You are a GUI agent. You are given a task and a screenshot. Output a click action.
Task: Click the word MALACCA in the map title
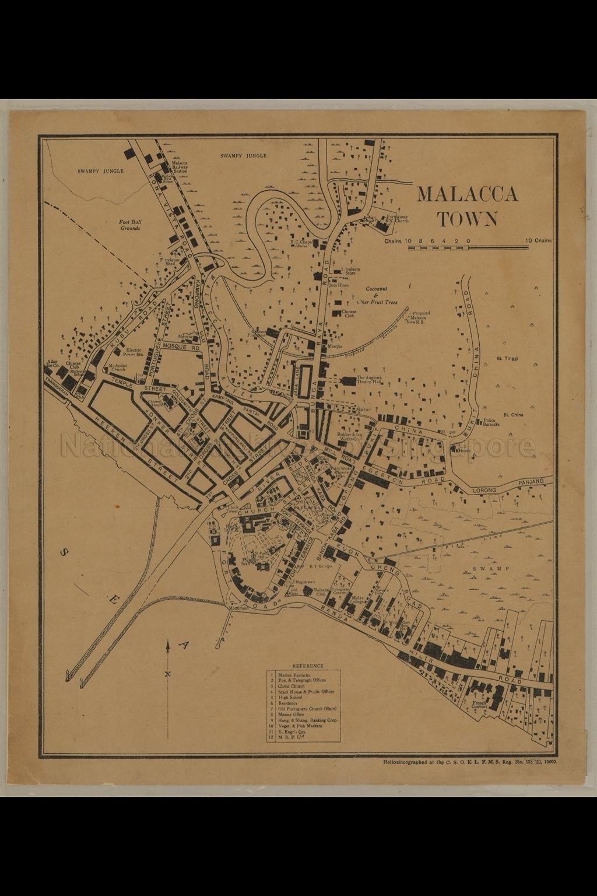pyautogui.click(x=467, y=194)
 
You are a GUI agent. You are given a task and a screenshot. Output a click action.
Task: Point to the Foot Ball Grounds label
pyautogui.click(x=131, y=225)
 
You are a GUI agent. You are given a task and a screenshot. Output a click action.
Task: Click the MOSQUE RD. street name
pyautogui.click(x=181, y=346)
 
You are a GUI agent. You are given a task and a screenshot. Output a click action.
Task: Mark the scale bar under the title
pyautogui.click(x=468, y=248)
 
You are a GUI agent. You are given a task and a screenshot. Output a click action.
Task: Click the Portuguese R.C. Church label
pyautogui.click(x=396, y=219)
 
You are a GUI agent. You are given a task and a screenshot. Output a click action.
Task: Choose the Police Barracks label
pyautogui.click(x=491, y=423)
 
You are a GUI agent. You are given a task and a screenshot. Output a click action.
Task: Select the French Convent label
pyautogui.click(x=479, y=704)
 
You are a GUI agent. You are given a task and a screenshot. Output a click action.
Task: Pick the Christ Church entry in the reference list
pyautogui.click(x=292, y=686)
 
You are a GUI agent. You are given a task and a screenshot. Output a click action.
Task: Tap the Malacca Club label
pyautogui.click(x=322, y=591)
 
